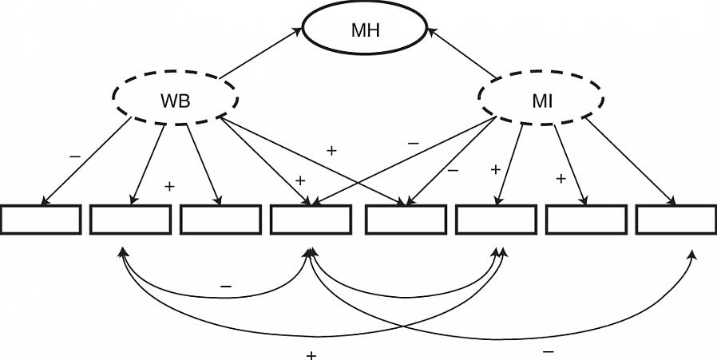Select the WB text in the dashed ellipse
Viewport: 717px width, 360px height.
(176, 102)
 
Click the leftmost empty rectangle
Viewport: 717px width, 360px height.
(41, 220)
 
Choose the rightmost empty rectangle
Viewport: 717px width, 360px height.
(675, 220)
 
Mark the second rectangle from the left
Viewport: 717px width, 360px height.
(130, 220)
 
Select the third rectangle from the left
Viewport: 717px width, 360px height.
(220, 220)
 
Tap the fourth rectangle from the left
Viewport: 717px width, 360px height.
(311, 220)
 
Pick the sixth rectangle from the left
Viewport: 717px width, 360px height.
(495, 220)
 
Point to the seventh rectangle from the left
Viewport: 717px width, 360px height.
(584, 220)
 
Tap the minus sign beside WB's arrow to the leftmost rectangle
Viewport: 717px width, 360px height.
(74, 157)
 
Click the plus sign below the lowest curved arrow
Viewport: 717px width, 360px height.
(311, 354)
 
